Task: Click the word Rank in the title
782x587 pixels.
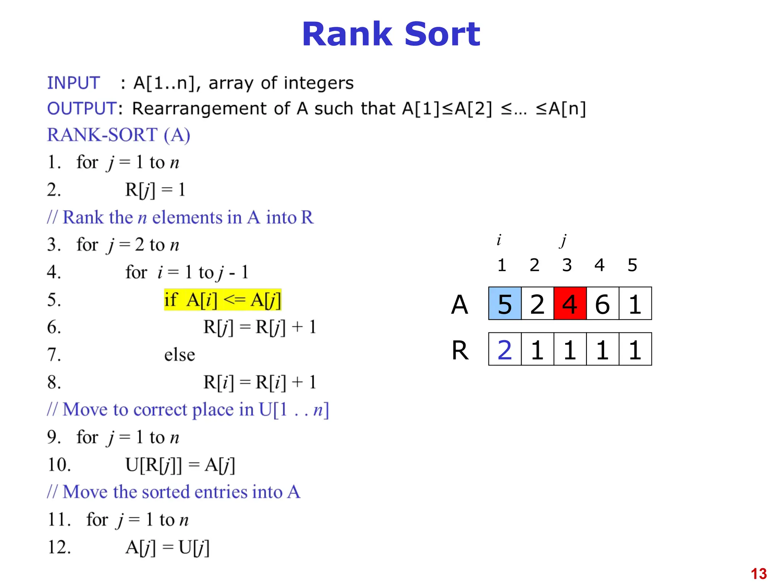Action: point(347,34)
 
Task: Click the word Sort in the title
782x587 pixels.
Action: point(442,34)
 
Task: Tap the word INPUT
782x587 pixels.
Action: point(73,83)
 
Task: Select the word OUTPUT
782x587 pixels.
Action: point(82,109)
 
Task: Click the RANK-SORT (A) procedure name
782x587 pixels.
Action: point(118,135)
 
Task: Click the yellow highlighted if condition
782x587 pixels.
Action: point(223,300)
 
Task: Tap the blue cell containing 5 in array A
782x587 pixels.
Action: point(505,304)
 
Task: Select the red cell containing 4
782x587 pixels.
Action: point(570,304)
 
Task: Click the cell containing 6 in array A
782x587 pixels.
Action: point(602,304)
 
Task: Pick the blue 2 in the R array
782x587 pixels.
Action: point(505,350)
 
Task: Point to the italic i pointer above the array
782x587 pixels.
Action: point(499,240)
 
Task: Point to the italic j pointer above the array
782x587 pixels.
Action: point(563,240)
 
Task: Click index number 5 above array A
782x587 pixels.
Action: point(632,265)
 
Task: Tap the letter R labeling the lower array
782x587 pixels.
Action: point(460,350)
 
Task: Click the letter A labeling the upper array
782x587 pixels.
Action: point(459,305)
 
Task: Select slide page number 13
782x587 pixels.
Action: point(758,574)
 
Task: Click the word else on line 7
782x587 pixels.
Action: point(179,355)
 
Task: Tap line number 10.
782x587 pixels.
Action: point(59,465)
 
